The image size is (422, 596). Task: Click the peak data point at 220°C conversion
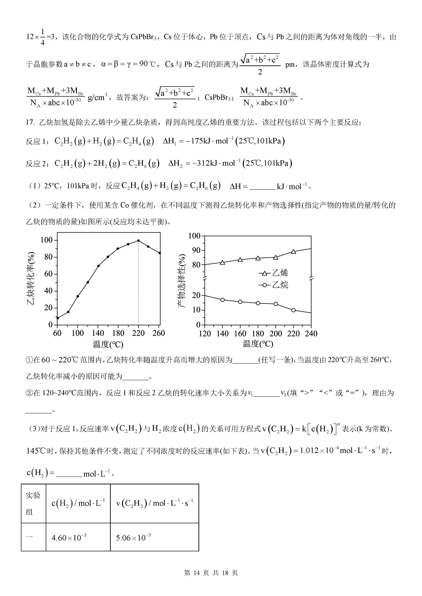click(138, 241)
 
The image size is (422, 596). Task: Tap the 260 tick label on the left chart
click(159, 333)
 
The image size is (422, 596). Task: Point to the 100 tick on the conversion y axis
click(46, 240)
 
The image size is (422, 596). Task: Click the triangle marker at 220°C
click(293, 252)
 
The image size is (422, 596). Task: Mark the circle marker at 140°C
click(222, 300)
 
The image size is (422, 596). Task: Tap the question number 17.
click(30, 122)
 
